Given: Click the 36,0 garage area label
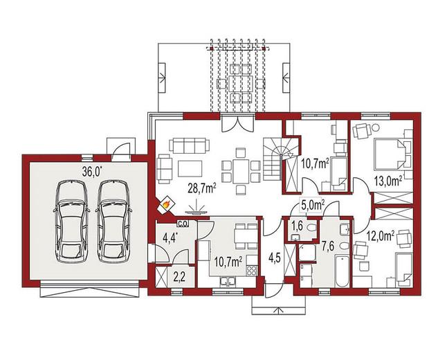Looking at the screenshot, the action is point(92,172).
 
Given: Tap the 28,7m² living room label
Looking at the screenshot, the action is point(201,188).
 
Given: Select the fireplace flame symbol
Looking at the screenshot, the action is point(166,204).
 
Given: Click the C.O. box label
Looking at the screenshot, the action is point(183,224).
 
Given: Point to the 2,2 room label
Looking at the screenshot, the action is point(179,277).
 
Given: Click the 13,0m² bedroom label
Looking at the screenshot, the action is point(388,181).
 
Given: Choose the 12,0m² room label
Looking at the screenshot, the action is point(381,236).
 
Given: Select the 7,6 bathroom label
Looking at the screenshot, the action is point(328,246).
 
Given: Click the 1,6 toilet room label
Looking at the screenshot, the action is point(296,226).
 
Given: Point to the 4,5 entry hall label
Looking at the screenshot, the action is point(275,258).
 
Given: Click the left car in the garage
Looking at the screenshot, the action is point(71,221).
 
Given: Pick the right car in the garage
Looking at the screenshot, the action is point(113,221).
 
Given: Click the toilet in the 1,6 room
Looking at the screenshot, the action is point(311,228).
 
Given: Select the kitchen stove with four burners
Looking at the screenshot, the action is point(251,271).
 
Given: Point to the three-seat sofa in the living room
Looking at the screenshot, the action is point(190,145).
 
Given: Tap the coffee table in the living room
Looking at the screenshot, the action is point(190,169).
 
